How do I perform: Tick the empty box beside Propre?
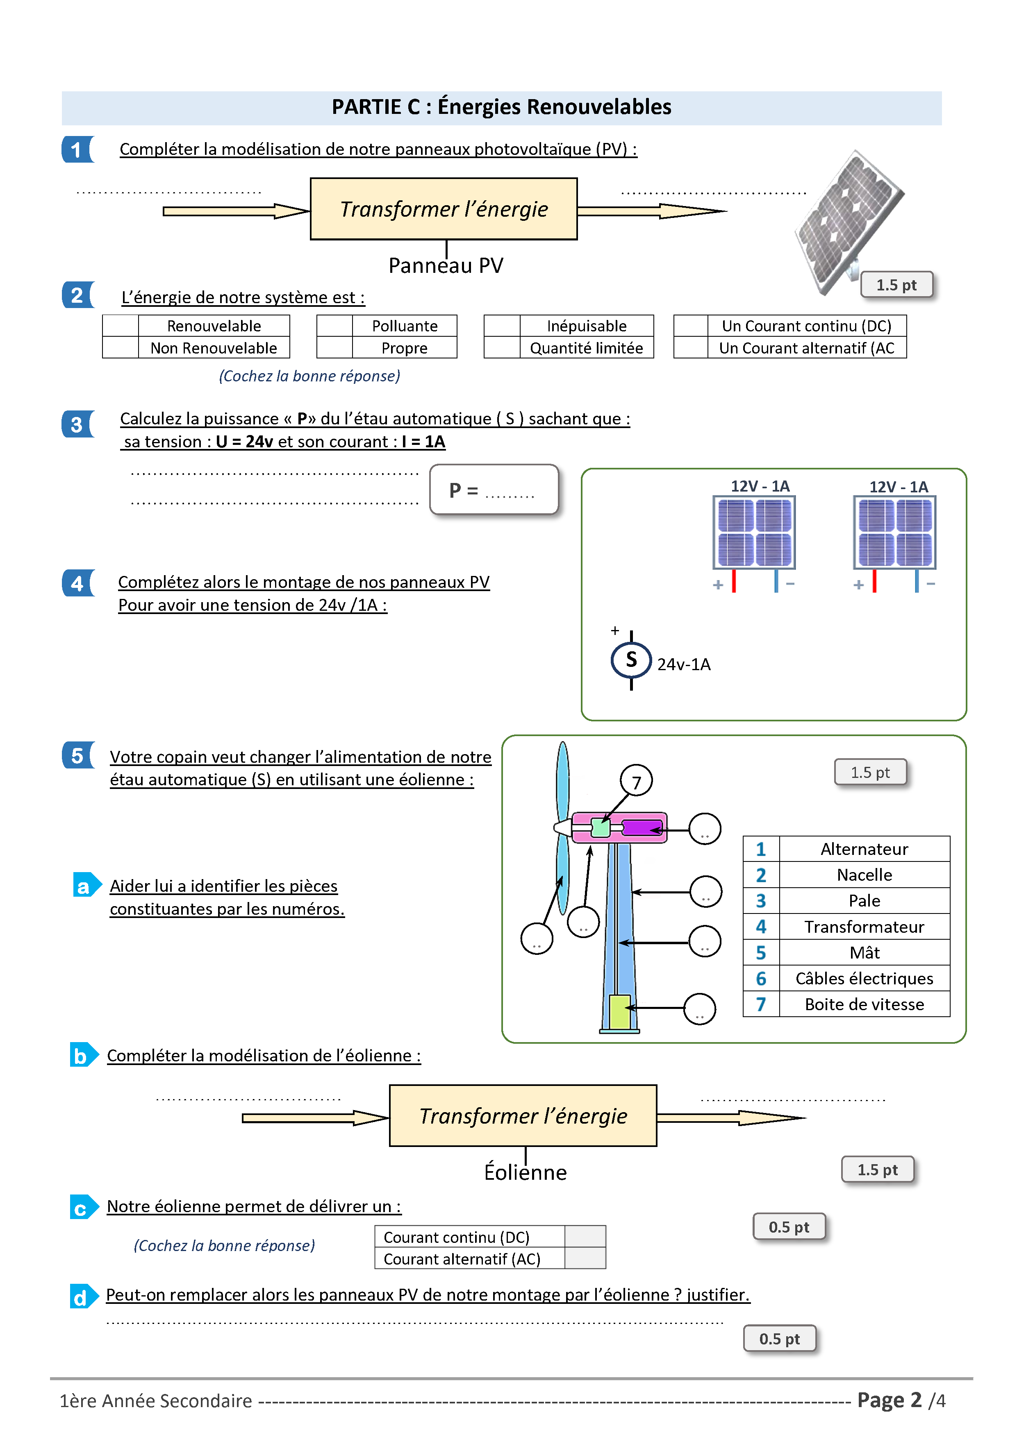[x=334, y=348]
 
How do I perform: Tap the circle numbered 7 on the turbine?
[x=636, y=781]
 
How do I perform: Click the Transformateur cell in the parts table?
[x=864, y=927]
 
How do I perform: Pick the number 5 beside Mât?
[x=760, y=952]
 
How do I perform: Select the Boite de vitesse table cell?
[x=864, y=1004]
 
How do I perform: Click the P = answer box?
[x=494, y=490]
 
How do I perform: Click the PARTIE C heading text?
[x=501, y=107]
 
